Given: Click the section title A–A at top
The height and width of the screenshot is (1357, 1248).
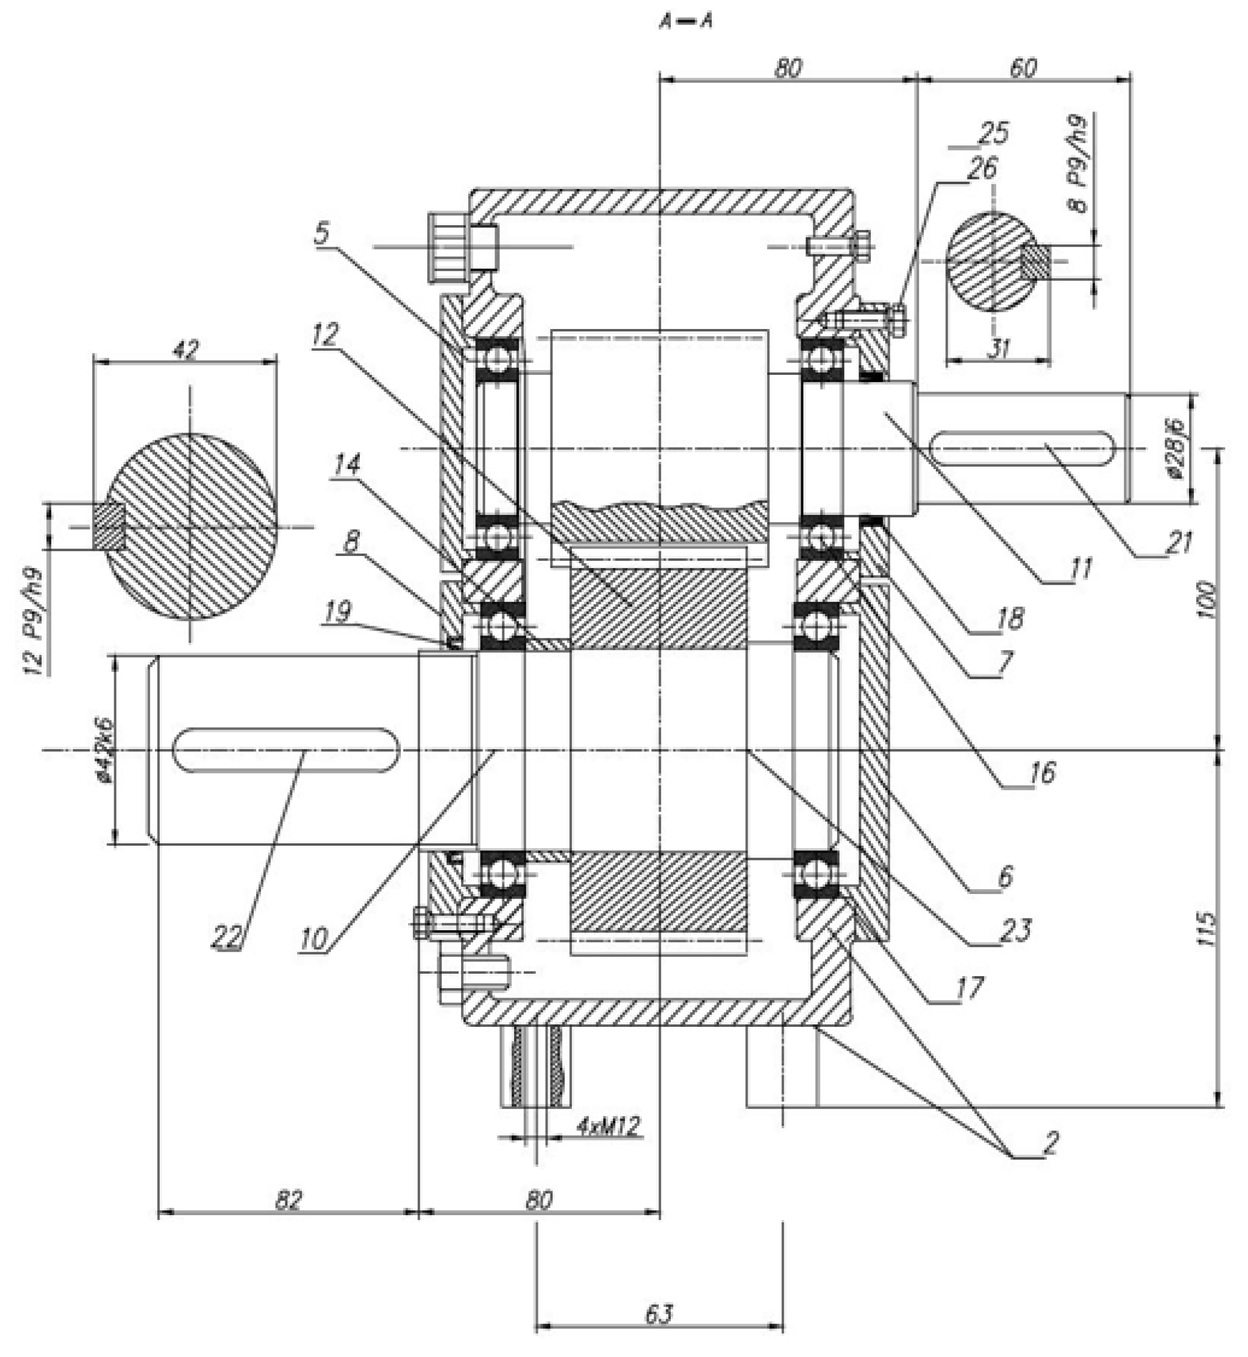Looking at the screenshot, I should pos(686,21).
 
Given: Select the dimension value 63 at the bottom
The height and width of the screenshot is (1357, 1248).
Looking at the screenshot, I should pos(659,1313).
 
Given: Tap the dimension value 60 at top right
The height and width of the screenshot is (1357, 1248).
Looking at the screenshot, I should pos(1022,68).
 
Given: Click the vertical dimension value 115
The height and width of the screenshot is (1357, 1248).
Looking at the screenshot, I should pos(1207,928).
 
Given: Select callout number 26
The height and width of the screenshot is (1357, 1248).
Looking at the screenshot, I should pos(981,167).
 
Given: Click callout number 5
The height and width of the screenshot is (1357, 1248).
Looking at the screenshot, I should pos(322,232).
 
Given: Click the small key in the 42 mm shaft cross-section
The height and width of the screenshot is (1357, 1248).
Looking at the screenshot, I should pos(110,526).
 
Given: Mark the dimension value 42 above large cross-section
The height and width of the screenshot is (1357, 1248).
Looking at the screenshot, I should pos(186,350).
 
